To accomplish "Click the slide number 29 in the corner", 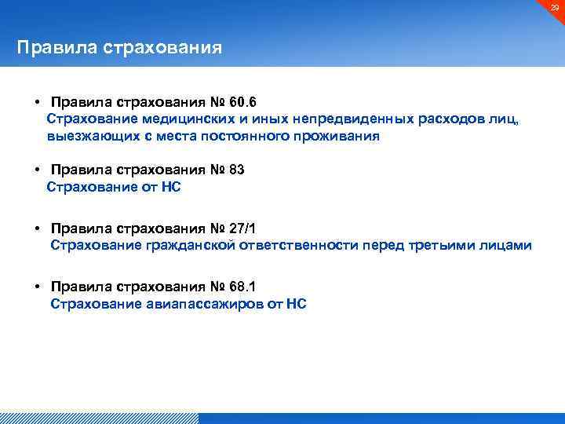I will (x=554, y=7).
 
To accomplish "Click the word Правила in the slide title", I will (x=56, y=48).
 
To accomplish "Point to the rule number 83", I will (x=238, y=170).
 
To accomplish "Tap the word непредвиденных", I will (x=350, y=119).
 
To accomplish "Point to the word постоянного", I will (x=259, y=136).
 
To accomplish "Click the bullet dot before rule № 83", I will (x=37, y=170).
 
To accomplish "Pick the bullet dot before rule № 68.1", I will (x=37, y=287).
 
